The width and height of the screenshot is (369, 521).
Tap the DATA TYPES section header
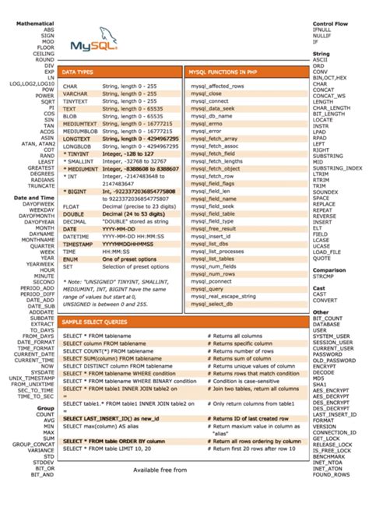pyautogui.click(x=78, y=72)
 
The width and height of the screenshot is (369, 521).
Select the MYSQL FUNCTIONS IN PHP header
pyautogui.click(x=221, y=72)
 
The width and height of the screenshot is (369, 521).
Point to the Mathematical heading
pyautogui.click(x=33, y=23)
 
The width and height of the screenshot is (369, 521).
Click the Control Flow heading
pyautogui.click(x=329, y=23)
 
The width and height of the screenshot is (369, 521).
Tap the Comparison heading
pyautogui.click(x=330, y=269)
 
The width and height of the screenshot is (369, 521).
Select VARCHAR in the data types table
pyautogui.click(x=76, y=93)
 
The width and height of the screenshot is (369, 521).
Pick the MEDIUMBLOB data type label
pyautogui.click(x=80, y=131)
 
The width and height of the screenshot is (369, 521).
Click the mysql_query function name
pyautogui.click(x=202, y=288)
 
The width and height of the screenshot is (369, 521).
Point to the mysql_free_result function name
pyautogui.click(x=212, y=229)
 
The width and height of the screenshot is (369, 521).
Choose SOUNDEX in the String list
pyautogui.click(x=326, y=192)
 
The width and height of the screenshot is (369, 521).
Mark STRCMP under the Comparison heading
pyautogui.click(x=324, y=276)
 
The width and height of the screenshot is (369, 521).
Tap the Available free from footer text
pyautogui.click(x=160, y=470)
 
